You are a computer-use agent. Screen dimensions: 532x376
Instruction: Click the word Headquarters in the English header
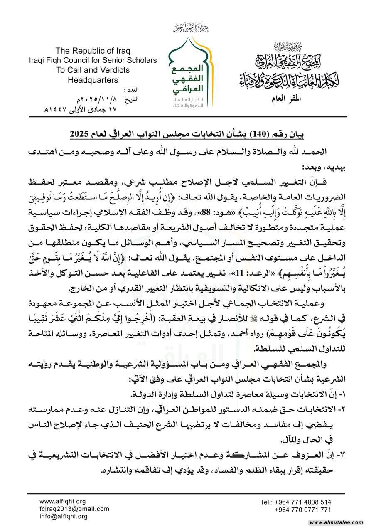click(93, 80)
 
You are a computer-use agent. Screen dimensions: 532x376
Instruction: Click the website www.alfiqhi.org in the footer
click(62, 501)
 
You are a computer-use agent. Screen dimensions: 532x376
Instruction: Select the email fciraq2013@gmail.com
click(74, 509)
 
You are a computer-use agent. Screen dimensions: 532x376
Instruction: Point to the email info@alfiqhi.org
click(64, 516)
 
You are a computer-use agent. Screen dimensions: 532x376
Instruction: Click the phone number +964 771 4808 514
click(296, 502)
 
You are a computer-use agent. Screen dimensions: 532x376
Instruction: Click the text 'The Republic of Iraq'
click(93, 51)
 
